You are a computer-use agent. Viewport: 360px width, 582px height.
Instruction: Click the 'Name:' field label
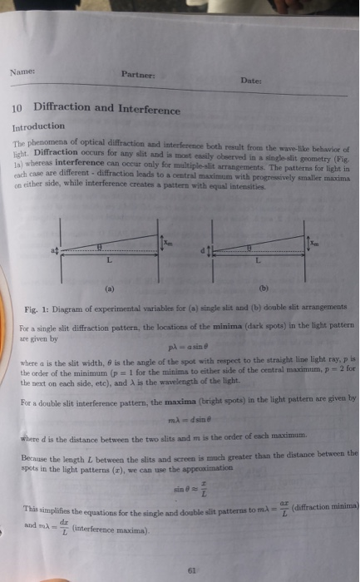(22, 73)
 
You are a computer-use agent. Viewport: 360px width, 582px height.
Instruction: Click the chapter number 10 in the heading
(17, 108)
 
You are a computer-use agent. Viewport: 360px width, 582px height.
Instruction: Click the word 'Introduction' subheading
(37, 126)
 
